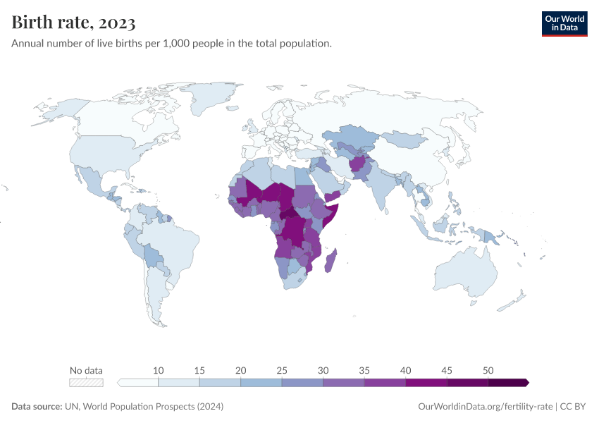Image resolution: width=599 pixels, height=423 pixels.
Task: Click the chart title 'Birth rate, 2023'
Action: [x=73, y=23]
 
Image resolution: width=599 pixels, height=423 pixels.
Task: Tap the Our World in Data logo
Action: [x=564, y=23]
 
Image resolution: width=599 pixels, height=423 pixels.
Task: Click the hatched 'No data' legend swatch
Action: [x=86, y=383]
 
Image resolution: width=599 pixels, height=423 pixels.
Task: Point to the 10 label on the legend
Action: [x=159, y=371]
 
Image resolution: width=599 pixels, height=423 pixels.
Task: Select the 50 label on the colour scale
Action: [x=488, y=371]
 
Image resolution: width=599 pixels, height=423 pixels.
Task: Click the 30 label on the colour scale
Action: [x=323, y=371]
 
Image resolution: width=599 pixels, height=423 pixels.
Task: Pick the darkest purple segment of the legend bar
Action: [x=507, y=383]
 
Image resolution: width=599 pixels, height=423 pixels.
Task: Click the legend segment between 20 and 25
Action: [x=261, y=383]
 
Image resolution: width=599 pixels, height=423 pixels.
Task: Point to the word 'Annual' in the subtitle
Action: [x=27, y=44]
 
